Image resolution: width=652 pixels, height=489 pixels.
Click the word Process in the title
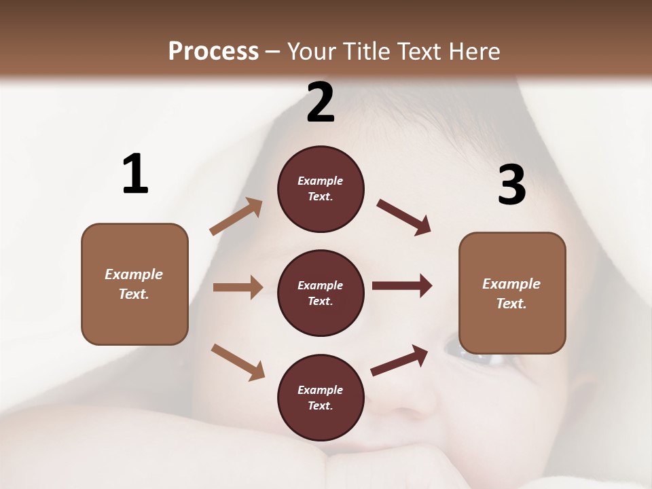point(213,51)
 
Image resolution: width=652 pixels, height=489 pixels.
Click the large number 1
point(135,175)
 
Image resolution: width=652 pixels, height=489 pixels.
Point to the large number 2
point(321,103)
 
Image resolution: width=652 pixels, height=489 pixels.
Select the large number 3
point(511,185)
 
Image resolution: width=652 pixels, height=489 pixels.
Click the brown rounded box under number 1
point(134,284)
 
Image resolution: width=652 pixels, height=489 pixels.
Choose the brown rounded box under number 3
point(512,293)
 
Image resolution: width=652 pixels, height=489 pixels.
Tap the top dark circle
point(321,189)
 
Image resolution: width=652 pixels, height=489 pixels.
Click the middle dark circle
point(321,293)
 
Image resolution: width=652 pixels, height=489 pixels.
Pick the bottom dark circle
point(321,397)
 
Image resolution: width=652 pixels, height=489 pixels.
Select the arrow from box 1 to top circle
point(236,217)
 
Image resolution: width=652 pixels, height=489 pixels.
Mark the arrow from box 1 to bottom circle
point(238,361)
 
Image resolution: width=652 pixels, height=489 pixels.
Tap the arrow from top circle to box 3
point(403,217)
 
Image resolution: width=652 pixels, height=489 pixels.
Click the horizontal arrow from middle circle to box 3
point(402,286)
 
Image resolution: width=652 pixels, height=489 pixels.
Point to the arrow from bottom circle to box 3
point(399,360)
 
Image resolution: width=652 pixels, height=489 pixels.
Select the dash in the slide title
point(273,52)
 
